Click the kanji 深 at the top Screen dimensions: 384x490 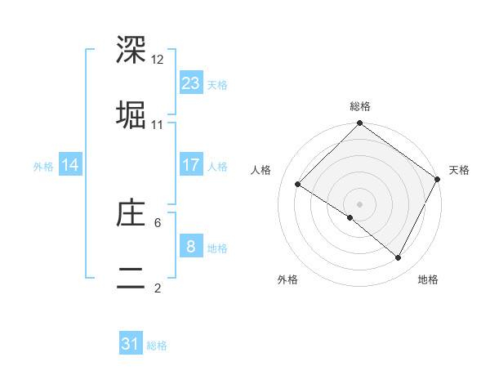[131, 51]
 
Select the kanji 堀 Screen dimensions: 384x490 [131, 115]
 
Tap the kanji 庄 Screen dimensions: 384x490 [131, 214]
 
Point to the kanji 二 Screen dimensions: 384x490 [131, 278]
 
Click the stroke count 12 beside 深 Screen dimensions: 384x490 [158, 60]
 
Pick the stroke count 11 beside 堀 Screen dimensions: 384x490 [158, 125]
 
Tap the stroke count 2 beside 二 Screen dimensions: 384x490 [158, 288]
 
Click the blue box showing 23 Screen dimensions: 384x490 [191, 83]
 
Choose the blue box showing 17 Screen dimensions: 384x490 [191, 165]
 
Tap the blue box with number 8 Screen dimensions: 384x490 [191, 247]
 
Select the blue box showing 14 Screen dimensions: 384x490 [70, 165]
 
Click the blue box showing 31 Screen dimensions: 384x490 [131, 345]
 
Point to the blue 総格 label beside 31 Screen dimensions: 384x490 [157, 346]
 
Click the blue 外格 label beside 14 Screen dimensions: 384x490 [43, 166]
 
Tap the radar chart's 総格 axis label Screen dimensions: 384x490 [360, 106]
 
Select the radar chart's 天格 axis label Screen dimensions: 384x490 [459, 170]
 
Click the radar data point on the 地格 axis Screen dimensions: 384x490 [399, 258]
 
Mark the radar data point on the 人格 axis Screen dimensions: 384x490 [298, 184]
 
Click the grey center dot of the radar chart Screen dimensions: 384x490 [359, 203]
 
